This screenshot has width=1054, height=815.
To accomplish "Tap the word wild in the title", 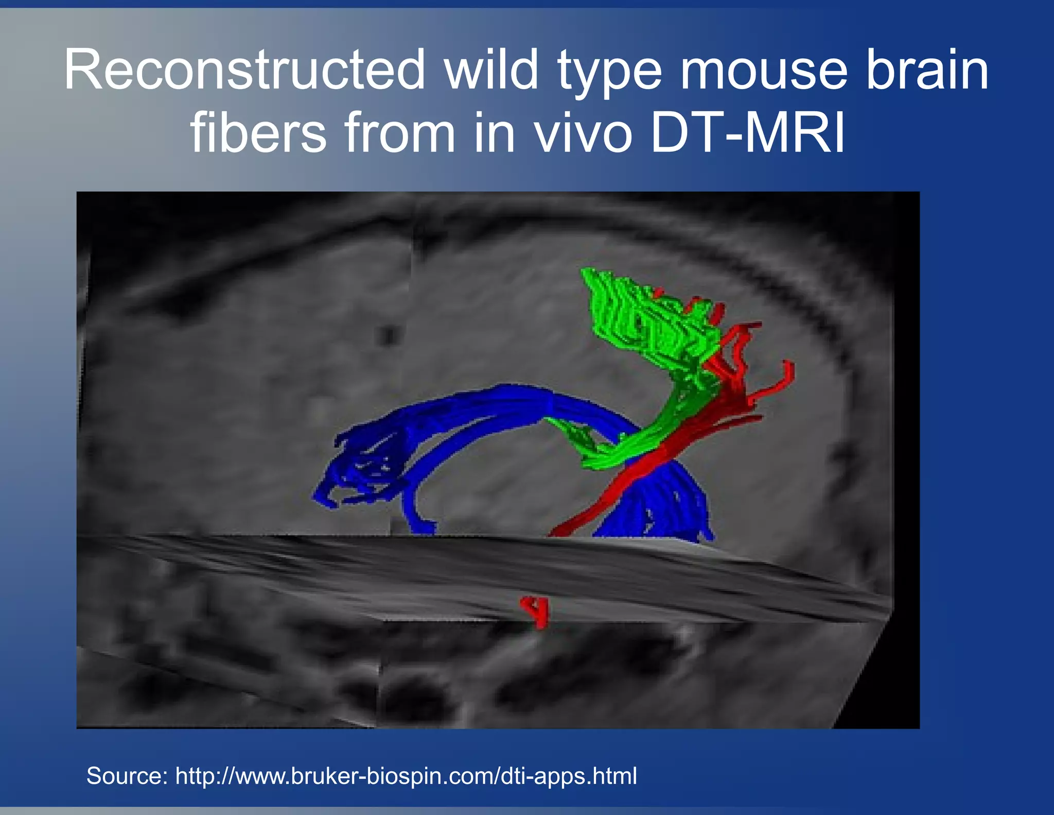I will pyautogui.click(x=491, y=70).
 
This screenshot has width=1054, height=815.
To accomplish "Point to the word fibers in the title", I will pyautogui.click(x=258, y=133).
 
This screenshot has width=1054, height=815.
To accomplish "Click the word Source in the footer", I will pyautogui.click(x=126, y=775).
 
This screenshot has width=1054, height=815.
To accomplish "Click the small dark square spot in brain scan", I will pyautogui.click(x=389, y=335).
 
